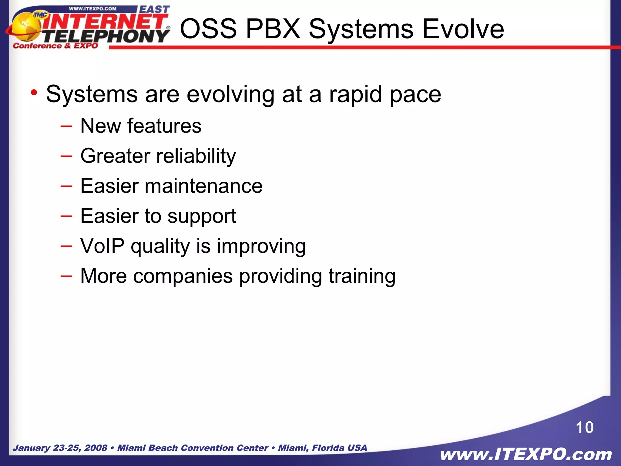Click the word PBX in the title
click(273, 29)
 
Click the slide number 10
click(584, 427)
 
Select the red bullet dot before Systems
click(34, 92)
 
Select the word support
click(202, 217)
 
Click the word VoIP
click(102, 246)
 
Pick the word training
click(362, 276)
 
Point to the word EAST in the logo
click(154, 10)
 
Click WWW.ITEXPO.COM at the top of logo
click(92, 9)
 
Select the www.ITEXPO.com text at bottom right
click(526, 454)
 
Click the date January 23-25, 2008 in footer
click(60, 448)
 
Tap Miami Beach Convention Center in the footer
click(193, 448)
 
